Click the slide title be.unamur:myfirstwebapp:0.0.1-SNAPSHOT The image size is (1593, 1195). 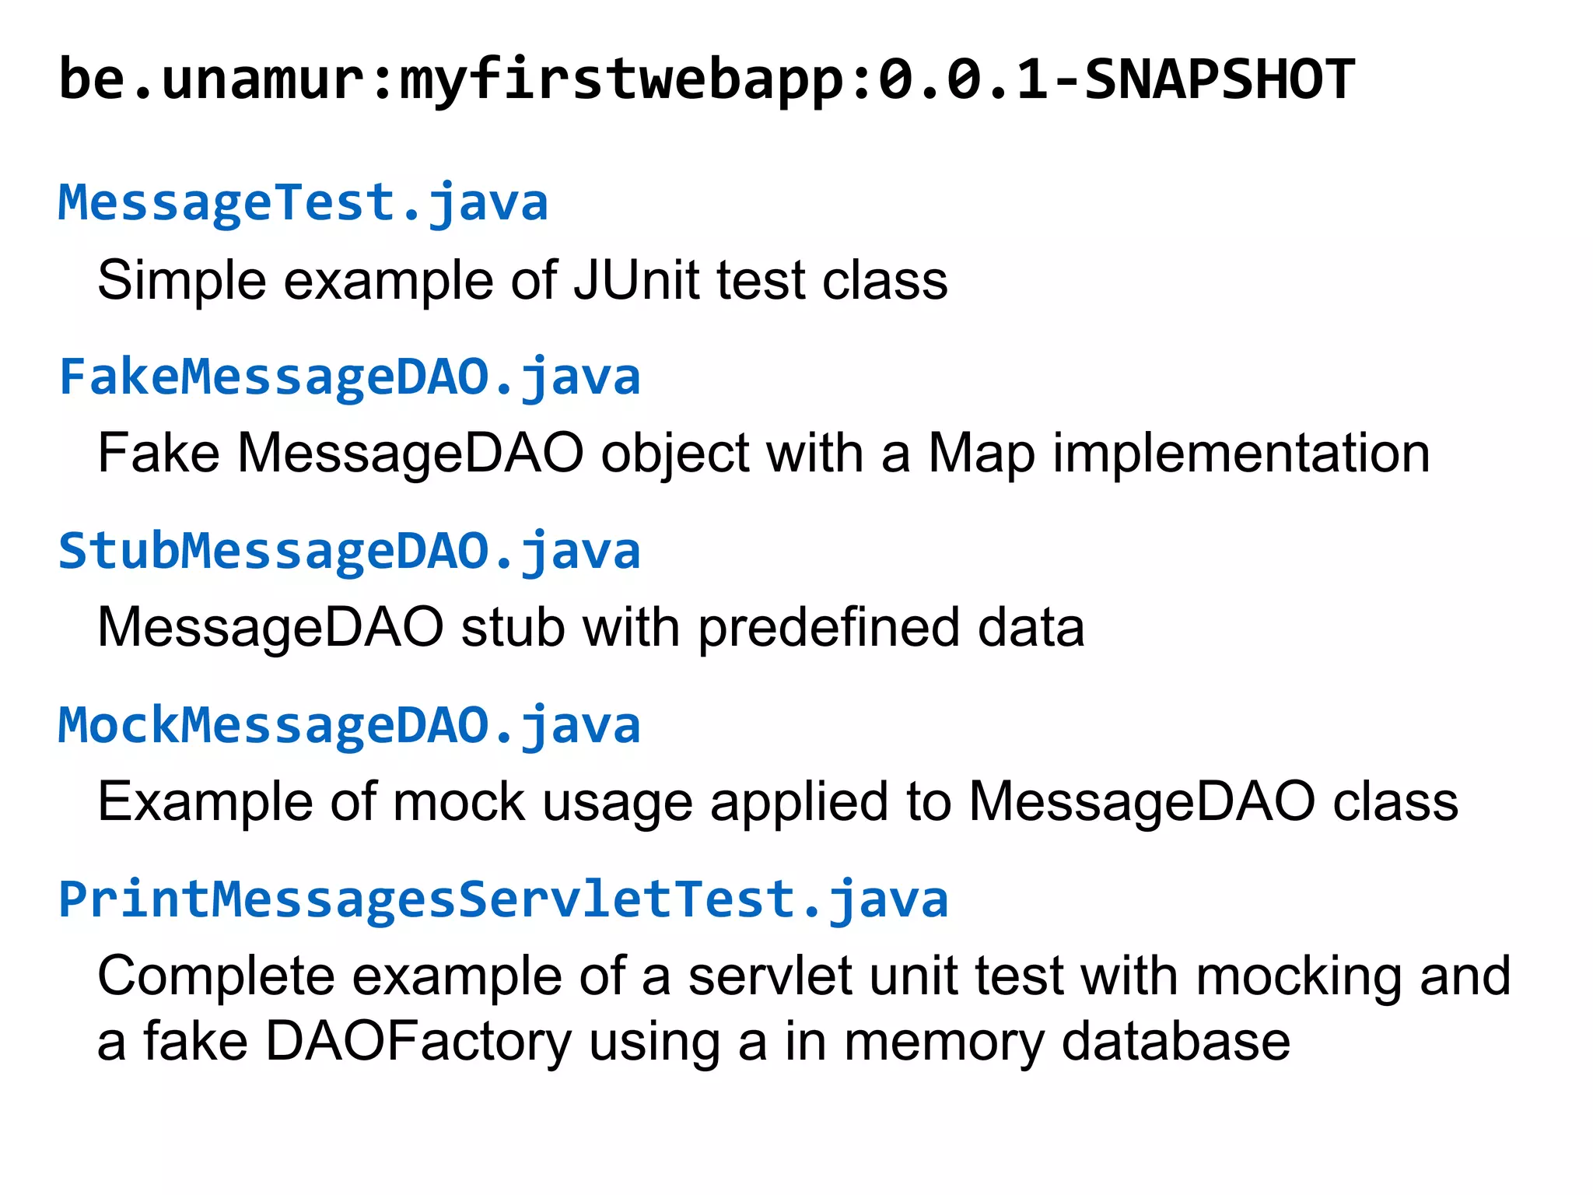pyautogui.click(x=706, y=80)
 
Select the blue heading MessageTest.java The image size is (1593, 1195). pyautogui.click(x=303, y=203)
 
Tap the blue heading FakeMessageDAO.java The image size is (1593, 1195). pyautogui.click(x=349, y=377)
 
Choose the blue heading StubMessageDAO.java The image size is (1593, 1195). pyautogui.click(x=349, y=552)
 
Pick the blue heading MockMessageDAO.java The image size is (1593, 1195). pyautogui.click(x=349, y=726)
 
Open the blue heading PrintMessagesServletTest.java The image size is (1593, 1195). pyautogui.click(x=502, y=900)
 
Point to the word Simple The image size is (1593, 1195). pyautogui.click(x=181, y=280)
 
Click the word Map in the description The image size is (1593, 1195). pyautogui.click(x=982, y=454)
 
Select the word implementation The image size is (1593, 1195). pyautogui.click(x=1241, y=454)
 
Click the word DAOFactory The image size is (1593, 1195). pyautogui.click(x=418, y=1042)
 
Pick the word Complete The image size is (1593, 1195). pyautogui.click(x=215, y=976)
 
